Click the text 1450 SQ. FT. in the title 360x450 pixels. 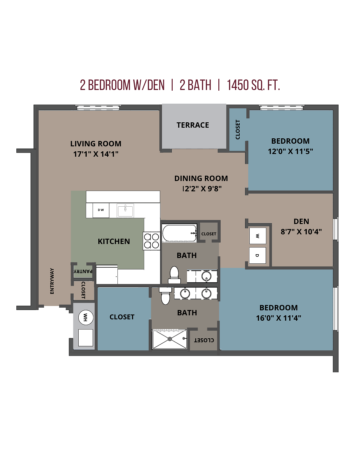pos(253,85)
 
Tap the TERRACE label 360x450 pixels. pos(193,125)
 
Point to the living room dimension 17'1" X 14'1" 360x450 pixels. pos(96,154)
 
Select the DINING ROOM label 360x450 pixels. pos(201,178)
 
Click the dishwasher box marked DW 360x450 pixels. pos(101,210)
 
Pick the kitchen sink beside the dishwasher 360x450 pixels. pos(125,211)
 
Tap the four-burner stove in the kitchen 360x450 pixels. pos(152,241)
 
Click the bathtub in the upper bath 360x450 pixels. pos(179,233)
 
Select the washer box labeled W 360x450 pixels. pos(258,236)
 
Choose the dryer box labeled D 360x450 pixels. pos(257,255)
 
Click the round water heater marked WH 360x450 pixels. pos(86,317)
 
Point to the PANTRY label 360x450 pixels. pos(83,271)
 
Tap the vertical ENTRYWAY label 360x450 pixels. pos(52,281)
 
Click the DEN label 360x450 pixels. pos(301,221)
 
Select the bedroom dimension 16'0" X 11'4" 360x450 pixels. pos(278,318)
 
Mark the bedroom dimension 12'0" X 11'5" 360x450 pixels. pos(290,151)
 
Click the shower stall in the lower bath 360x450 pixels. pos(170,339)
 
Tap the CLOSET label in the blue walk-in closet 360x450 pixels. pos(122,317)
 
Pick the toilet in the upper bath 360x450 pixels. pos(174,275)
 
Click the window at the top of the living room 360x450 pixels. pos(98,107)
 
